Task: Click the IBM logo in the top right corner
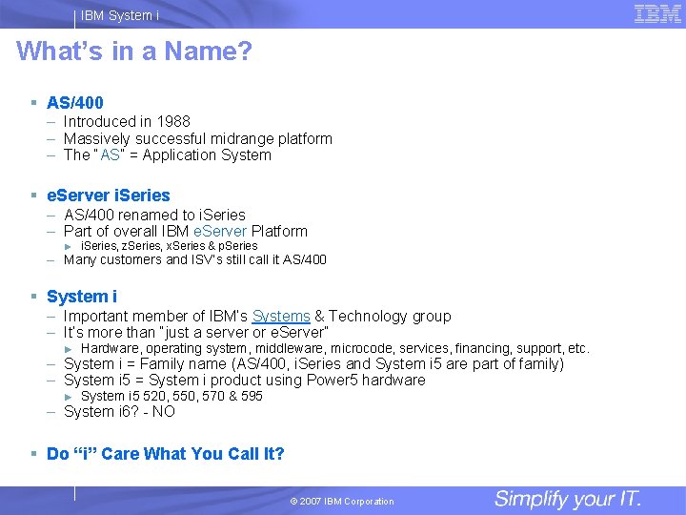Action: pos(657,13)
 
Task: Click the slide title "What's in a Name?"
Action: pos(134,51)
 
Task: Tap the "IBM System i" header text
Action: pos(120,15)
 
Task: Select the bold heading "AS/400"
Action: pos(75,102)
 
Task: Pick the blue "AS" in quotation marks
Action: pos(110,155)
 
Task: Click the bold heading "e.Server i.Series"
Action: pos(109,196)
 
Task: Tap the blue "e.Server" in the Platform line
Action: pos(219,231)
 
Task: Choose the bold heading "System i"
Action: pos(82,297)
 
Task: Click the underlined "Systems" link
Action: pos(281,316)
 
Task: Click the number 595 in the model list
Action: pos(252,396)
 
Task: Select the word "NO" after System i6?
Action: pos(164,412)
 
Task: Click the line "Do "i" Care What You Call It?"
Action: pos(166,454)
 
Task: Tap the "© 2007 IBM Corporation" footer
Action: pos(342,502)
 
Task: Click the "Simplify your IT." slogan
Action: pos(568,499)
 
